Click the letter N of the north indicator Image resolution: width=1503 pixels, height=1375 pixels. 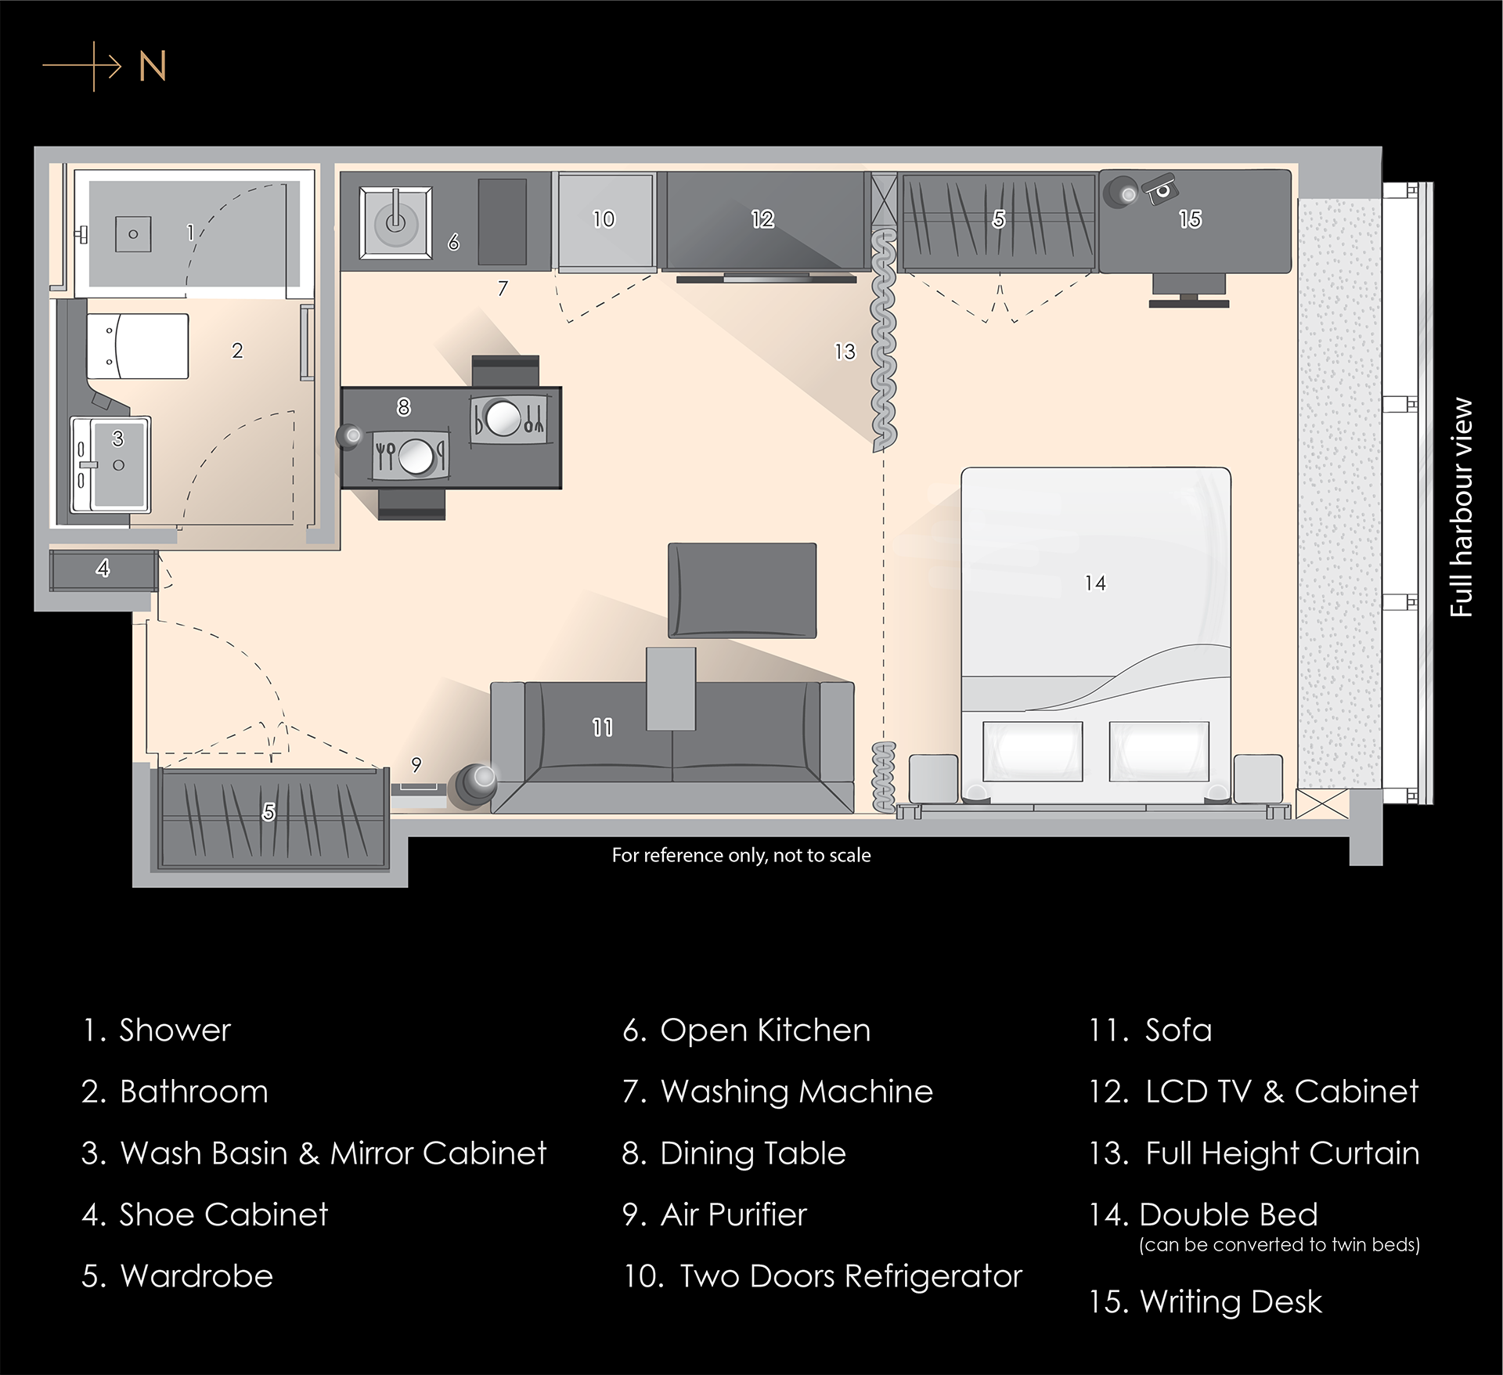(153, 67)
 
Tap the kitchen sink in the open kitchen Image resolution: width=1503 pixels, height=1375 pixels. (395, 222)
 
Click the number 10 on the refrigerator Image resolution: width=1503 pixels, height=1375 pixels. (604, 219)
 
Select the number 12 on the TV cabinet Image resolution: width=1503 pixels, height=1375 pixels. (762, 219)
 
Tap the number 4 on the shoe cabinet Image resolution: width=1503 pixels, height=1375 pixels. (103, 568)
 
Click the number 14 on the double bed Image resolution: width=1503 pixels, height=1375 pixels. (1095, 583)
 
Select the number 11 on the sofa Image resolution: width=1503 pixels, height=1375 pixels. (603, 727)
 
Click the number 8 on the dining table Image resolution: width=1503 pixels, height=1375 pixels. (404, 407)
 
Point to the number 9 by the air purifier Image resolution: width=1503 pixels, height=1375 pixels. (416, 764)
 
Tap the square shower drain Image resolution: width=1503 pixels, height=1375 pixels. (133, 234)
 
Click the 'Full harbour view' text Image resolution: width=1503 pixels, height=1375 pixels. (1461, 507)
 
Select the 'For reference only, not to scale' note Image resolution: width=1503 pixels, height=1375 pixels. (741, 855)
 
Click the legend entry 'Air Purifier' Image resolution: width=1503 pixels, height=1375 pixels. (715, 1214)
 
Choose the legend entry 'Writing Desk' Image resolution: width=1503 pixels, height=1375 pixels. (1206, 1302)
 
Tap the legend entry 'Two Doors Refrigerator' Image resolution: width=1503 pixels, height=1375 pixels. (823, 1276)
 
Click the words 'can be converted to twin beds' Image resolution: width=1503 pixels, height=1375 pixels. (1280, 1245)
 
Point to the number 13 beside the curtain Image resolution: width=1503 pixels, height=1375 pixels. (845, 352)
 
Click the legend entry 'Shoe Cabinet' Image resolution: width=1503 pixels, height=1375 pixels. (205, 1214)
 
